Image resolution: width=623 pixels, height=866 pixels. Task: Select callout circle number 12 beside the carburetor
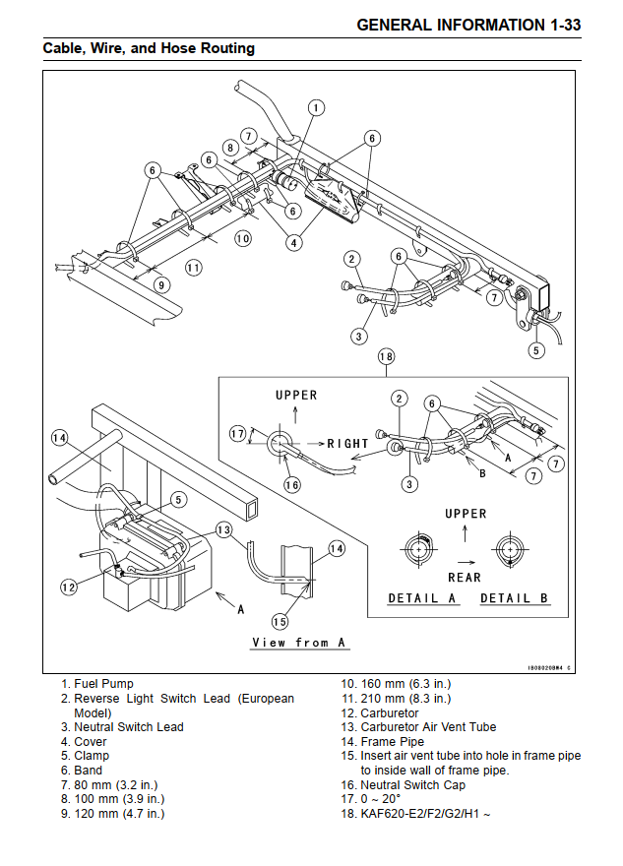[68, 587]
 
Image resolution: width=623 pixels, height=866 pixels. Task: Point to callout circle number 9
[162, 284]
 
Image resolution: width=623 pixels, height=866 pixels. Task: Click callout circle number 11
[194, 267]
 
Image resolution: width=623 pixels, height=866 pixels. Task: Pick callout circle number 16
[291, 483]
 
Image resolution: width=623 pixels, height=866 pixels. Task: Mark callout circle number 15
[280, 621]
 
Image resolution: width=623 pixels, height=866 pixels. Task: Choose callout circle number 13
[223, 530]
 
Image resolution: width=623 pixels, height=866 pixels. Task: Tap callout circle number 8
[230, 148]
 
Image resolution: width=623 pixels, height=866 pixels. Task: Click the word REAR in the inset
[465, 578]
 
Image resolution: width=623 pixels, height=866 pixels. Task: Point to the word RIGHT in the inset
[347, 444]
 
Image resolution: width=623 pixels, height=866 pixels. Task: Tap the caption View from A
[299, 643]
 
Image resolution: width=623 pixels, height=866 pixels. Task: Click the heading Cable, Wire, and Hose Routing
[149, 47]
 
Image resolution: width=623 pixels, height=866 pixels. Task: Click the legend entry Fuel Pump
[103, 684]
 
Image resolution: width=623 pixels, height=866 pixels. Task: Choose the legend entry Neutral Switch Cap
[412, 785]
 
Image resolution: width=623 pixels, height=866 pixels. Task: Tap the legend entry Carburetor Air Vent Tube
[428, 727]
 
